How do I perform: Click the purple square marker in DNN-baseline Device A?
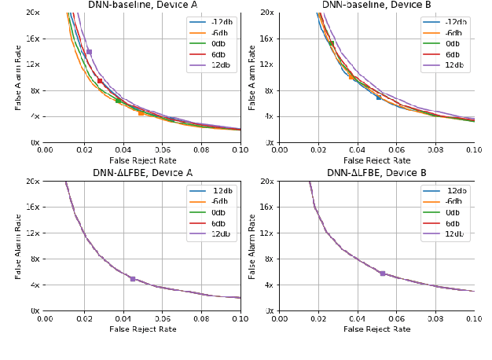[x=89, y=52]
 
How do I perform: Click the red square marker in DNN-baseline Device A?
[x=100, y=80]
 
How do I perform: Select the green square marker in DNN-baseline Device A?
[x=118, y=101]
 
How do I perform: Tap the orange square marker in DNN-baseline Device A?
[x=141, y=113]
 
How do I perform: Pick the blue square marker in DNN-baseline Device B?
[x=379, y=97]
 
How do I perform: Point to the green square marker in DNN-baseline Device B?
[x=332, y=44]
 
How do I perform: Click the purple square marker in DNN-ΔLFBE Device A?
[x=132, y=279]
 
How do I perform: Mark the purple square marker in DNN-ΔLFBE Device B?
[x=383, y=274]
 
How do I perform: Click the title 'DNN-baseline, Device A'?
[x=142, y=5]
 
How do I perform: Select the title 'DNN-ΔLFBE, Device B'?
[x=376, y=173]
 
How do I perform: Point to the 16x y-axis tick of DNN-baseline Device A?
[x=31, y=39]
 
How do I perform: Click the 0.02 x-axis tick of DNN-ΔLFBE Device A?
[x=83, y=320]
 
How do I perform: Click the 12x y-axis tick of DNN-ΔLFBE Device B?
[x=266, y=233]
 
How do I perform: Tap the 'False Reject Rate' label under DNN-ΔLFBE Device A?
[x=142, y=329]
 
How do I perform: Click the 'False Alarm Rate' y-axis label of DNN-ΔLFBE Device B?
[x=253, y=246]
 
